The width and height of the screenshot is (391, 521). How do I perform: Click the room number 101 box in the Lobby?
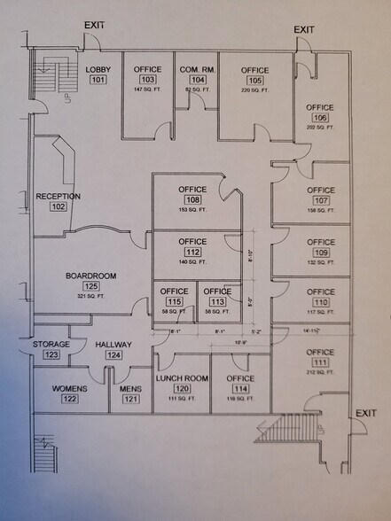pos(98,80)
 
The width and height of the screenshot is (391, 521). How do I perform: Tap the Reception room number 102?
pos(59,207)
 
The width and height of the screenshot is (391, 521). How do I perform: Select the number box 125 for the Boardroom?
pos(90,287)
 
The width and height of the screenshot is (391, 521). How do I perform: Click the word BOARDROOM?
pos(90,276)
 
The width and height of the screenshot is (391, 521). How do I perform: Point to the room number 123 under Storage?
pos(51,354)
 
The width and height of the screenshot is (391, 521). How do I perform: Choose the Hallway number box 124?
pos(113,355)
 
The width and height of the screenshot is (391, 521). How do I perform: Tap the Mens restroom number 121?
pos(129,399)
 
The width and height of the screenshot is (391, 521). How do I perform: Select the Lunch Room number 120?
pos(182,388)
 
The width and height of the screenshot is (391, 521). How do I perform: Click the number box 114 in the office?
pos(239,388)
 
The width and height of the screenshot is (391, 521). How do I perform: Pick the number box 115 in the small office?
pos(174,301)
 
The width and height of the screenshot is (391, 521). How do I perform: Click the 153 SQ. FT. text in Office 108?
pos(192,210)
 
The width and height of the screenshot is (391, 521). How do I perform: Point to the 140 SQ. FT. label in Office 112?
pos(192,262)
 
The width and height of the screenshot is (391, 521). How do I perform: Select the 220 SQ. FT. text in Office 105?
pos(254,90)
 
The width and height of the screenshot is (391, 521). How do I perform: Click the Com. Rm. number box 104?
pos(193,80)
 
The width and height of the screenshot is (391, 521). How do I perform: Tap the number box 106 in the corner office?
pos(320,118)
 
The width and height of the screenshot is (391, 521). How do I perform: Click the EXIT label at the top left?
pos(94,25)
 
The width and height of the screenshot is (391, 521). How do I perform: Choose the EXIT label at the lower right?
pos(365,413)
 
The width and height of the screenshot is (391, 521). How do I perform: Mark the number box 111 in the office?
pos(320,362)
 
